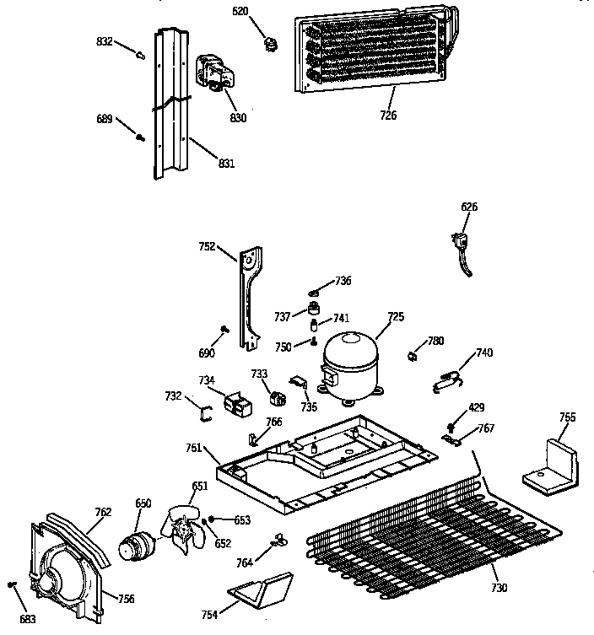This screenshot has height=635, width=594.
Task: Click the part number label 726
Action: [388, 116]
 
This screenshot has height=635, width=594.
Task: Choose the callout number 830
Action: [238, 118]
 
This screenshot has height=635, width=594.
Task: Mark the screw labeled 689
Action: [140, 136]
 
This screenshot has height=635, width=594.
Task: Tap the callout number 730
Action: [499, 587]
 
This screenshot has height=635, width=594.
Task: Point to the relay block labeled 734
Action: [237, 404]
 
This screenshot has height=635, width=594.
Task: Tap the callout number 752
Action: [205, 248]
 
